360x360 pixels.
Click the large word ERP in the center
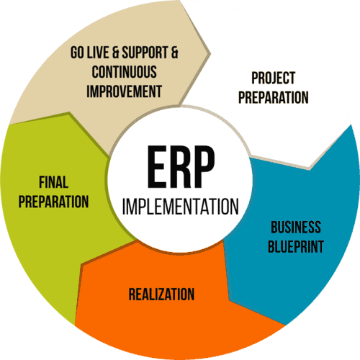[181, 166]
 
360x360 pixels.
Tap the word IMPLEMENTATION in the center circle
[181, 206]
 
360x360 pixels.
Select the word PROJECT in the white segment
[273, 78]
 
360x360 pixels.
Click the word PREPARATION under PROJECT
[274, 97]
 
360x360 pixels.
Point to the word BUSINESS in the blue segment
[296, 227]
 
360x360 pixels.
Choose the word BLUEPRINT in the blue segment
[296, 246]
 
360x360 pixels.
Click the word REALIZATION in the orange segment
[161, 294]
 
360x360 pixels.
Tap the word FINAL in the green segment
[54, 182]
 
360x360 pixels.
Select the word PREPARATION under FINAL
[54, 202]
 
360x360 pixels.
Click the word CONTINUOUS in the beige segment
[125, 72]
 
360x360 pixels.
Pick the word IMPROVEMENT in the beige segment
[125, 91]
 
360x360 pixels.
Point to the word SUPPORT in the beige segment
[145, 53]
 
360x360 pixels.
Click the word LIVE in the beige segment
[98, 53]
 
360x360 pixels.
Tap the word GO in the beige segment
[77, 53]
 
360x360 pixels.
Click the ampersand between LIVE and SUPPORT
[115, 53]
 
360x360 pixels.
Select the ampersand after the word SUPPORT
[174, 53]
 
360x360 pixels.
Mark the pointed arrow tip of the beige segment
[210, 53]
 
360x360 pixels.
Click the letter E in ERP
[156, 166]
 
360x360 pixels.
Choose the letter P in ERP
[204, 166]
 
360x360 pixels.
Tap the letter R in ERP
[179, 166]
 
